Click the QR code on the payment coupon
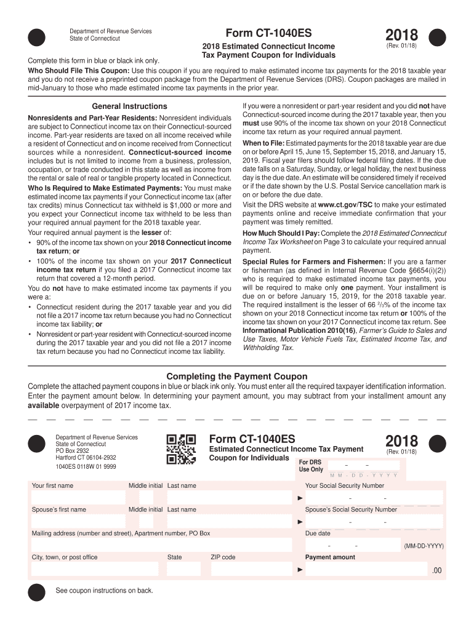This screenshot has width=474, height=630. (x=182, y=449)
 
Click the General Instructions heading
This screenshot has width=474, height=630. (x=129, y=106)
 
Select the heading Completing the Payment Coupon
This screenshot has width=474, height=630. (x=237, y=377)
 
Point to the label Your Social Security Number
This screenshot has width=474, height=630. (x=344, y=485)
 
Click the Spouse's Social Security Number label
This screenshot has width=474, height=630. (x=351, y=509)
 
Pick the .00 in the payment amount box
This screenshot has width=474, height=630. (x=436, y=570)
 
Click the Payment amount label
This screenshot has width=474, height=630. (x=330, y=557)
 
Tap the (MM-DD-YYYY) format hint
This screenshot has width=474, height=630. (x=424, y=546)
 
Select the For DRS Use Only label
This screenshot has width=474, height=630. (x=311, y=466)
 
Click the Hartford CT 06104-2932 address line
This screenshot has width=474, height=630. (x=86, y=458)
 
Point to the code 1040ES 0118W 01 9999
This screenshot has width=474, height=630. (x=86, y=467)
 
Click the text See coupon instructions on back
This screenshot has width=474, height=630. (x=104, y=591)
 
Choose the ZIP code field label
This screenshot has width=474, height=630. (x=223, y=557)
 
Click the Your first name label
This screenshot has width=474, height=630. (x=52, y=485)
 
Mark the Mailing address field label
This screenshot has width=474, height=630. (x=121, y=533)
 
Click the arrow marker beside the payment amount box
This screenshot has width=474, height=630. (x=300, y=570)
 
